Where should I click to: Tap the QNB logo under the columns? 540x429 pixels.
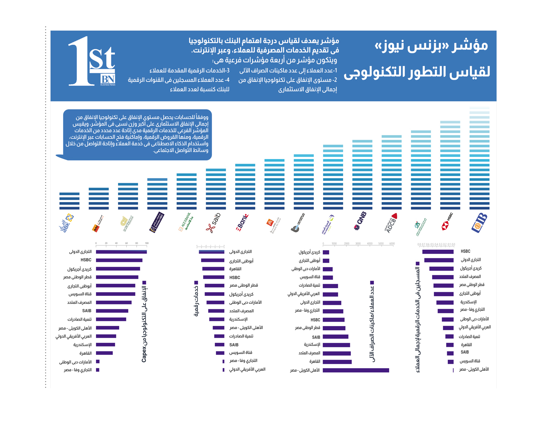(360, 221)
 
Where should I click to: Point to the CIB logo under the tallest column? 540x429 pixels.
(479, 223)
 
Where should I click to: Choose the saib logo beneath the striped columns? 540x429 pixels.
(213, 223)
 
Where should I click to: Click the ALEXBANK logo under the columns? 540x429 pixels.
(186, 223)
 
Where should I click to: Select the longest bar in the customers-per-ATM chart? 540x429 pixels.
(355, 370)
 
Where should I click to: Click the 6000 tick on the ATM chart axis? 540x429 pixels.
(392, 243)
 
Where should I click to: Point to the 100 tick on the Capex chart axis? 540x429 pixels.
(147, 243)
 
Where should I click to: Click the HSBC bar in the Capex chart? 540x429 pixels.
(119, 260)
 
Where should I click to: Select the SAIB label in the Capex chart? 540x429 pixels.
(86, 311)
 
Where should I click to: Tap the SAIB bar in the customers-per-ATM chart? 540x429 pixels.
(335, 337)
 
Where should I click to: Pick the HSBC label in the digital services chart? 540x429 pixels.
(234, 277)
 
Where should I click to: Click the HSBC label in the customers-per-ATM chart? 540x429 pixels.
(315, 320)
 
